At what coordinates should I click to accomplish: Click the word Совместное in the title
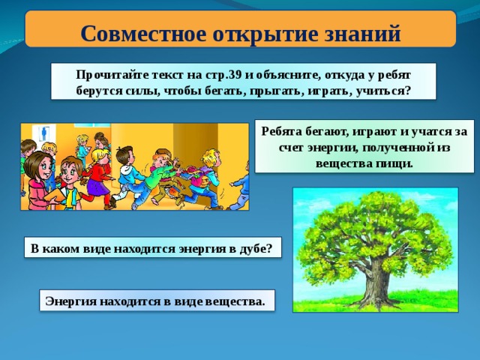143,33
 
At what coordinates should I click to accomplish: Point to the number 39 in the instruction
235,75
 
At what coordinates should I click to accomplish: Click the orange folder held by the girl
55,196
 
